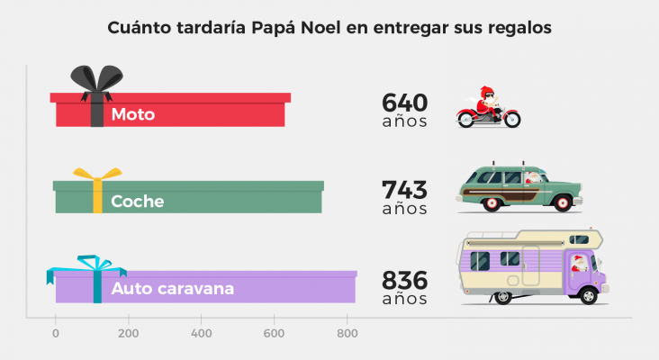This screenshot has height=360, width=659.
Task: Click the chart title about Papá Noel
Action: coord(329,28)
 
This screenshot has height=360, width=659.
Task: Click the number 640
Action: coord(404,103)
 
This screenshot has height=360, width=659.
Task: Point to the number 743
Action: coord(404,190)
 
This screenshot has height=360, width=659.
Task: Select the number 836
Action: coord(404,279)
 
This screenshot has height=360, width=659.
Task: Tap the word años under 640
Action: coord(404,122)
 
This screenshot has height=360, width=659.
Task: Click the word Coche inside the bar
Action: coord(137,202)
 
